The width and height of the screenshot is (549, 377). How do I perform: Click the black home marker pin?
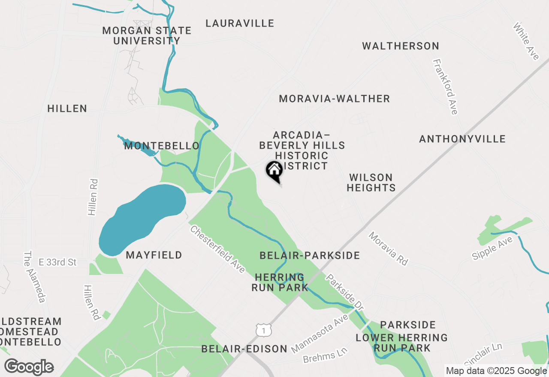coord(274,171)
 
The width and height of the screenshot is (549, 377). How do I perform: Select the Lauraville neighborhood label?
coord(240,23)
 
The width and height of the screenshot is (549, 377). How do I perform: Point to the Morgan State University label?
coord(147,36)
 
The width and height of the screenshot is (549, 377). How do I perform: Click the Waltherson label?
coord(401,46)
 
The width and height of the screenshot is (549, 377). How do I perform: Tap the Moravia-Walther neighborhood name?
coord(334,99)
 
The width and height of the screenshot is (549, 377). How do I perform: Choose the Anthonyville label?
coord(462,139)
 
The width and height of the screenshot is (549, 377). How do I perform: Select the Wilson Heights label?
coord(371,183)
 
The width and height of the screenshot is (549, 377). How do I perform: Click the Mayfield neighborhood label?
coord(154,255)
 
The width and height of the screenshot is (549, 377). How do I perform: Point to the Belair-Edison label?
coord(244,349)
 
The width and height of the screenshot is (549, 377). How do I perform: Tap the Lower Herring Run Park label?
coord(402,343)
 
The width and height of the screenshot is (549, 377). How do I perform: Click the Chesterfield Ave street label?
coord(217,249)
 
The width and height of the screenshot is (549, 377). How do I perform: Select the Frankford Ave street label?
coord(446,87)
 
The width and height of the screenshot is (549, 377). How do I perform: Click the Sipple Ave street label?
coord(492,248)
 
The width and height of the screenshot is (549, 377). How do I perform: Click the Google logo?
coord(29,367)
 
